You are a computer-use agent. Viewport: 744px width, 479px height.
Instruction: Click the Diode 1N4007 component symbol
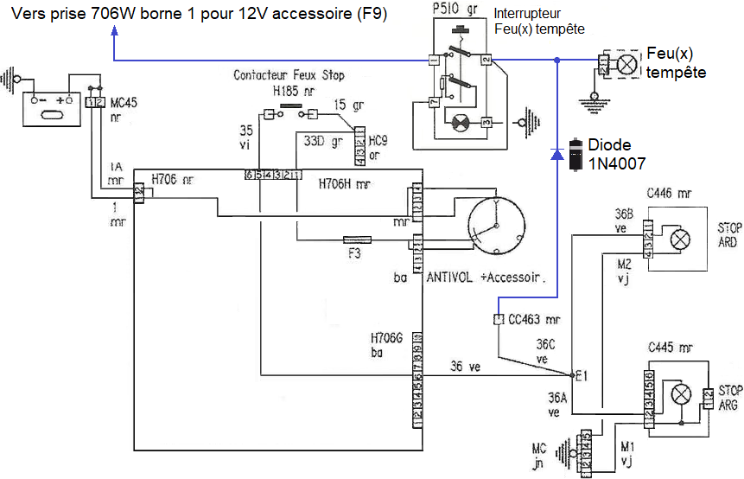click(x=574, y=154)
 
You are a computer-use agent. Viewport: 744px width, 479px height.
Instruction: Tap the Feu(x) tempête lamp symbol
click(x=629, y=65)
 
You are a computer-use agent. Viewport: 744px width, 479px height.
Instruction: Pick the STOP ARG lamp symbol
click(x=682, y=395)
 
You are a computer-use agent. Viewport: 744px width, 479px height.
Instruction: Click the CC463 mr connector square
click(x=498, y=320)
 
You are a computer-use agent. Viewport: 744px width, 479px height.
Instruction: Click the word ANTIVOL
click(x=448, y=278)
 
